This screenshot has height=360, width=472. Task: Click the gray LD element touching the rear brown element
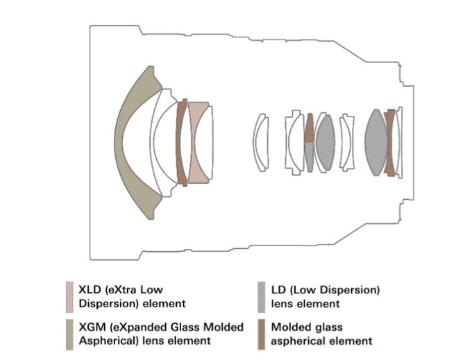click(x=376, y=143)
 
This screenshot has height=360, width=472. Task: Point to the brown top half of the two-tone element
click(x=310, y=128)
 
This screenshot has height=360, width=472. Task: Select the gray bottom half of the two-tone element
click(x=310, y=157)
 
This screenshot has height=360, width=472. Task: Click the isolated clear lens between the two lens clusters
click(x=261, y=143)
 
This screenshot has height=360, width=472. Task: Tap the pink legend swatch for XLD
click(x=69, y=297)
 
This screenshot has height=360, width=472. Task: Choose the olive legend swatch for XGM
click(x=69, y=334)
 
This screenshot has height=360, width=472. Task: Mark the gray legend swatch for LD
click(x=261, y=297)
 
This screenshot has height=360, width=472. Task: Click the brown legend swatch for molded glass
click(x=261, y=334)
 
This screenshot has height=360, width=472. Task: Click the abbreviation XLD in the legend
click(x=90, y=290)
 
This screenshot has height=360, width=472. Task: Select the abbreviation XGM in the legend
click(x=92, y=327)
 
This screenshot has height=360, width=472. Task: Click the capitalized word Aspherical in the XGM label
click(x=106, y=341)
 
